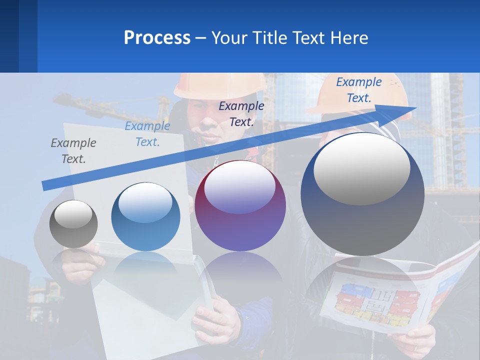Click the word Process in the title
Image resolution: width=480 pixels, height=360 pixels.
(157, 37)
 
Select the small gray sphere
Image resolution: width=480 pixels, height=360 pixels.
(73, 223)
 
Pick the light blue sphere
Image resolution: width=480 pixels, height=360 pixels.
(145, 216)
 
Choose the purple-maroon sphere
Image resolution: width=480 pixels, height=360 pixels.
(240, 205)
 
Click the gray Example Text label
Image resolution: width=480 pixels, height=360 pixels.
(73, 151)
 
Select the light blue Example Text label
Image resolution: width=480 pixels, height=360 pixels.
(147, 134)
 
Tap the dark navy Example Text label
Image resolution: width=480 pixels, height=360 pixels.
(241, 113)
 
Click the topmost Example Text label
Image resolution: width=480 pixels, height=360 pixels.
(359, 90)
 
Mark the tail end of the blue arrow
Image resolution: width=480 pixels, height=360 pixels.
(45, 186)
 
